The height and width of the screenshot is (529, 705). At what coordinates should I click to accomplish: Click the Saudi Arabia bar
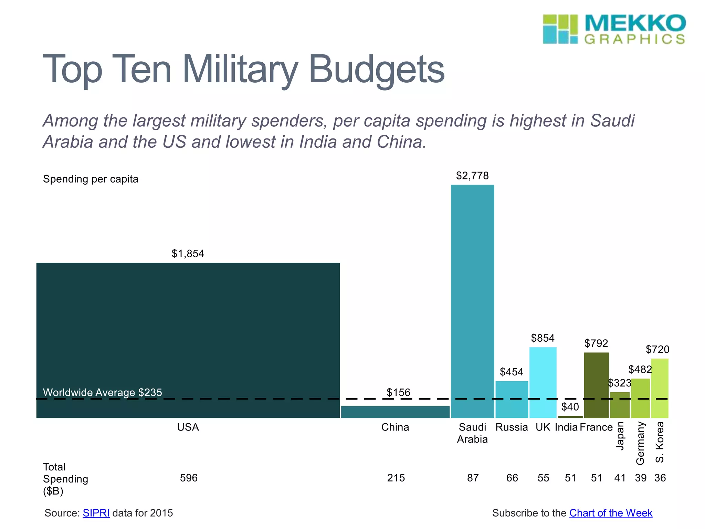pos(472,301)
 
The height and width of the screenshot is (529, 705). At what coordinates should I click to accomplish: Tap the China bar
pos(395,412)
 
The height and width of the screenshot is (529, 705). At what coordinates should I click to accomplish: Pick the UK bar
pos(543,382)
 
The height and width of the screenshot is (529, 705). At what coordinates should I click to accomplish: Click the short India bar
pos(570,417)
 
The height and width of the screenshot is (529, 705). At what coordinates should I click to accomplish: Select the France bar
pos(596,385)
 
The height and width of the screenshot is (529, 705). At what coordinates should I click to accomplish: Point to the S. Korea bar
pos(660,388)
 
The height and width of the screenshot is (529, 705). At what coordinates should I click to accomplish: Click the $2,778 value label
pos(472,176)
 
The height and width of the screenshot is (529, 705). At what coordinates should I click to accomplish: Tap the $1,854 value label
pos(188,254)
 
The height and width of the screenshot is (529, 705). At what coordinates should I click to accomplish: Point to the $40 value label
pos(570,407)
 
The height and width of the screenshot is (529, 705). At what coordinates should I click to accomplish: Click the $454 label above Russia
pos(512,372)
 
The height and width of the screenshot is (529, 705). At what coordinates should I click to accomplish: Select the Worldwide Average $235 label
pos(102,392)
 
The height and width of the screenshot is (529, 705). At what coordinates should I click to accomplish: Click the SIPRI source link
pos(96,513)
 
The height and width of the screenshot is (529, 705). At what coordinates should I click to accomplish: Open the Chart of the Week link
pos(611,513)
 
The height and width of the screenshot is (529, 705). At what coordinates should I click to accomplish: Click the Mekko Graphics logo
pos(614,29)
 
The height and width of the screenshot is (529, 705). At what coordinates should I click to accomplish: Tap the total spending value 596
pos(189,478)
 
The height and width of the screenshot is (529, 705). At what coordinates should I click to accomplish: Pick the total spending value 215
pos(396,478)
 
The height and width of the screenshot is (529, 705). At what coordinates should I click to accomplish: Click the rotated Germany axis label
pos(640,443)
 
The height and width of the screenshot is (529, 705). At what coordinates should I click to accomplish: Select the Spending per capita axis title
pos(91,179)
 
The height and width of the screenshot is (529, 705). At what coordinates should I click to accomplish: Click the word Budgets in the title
pos(377,70)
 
